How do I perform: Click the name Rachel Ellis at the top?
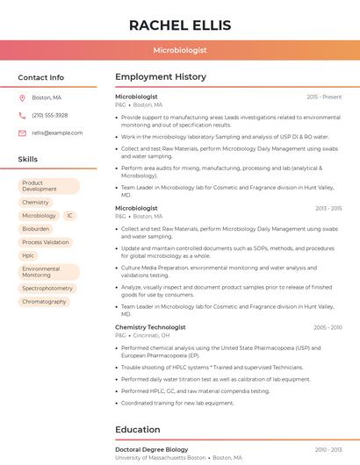click(180, 25)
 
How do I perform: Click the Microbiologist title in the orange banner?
click(180, 51)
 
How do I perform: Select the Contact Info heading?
click(41, 77)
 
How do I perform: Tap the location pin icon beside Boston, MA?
click(22, 97)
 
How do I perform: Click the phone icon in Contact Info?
click(22, 115)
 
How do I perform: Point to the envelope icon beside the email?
click(22, 132)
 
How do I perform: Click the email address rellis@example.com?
click(57, 132)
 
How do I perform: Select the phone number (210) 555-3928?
click(50, 115)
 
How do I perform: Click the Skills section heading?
click(28, 159)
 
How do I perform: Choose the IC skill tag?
click(69, 215)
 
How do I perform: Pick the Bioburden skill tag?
click(36, 228)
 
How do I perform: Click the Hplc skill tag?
click(29, 255)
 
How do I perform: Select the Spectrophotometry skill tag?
click(47, 288)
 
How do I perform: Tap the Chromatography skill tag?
click(44, 301)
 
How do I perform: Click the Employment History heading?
click(161, 77)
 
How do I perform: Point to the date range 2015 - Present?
click(324, 97)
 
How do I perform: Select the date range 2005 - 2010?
click(328, 327)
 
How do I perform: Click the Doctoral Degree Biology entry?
click(152, 449)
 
